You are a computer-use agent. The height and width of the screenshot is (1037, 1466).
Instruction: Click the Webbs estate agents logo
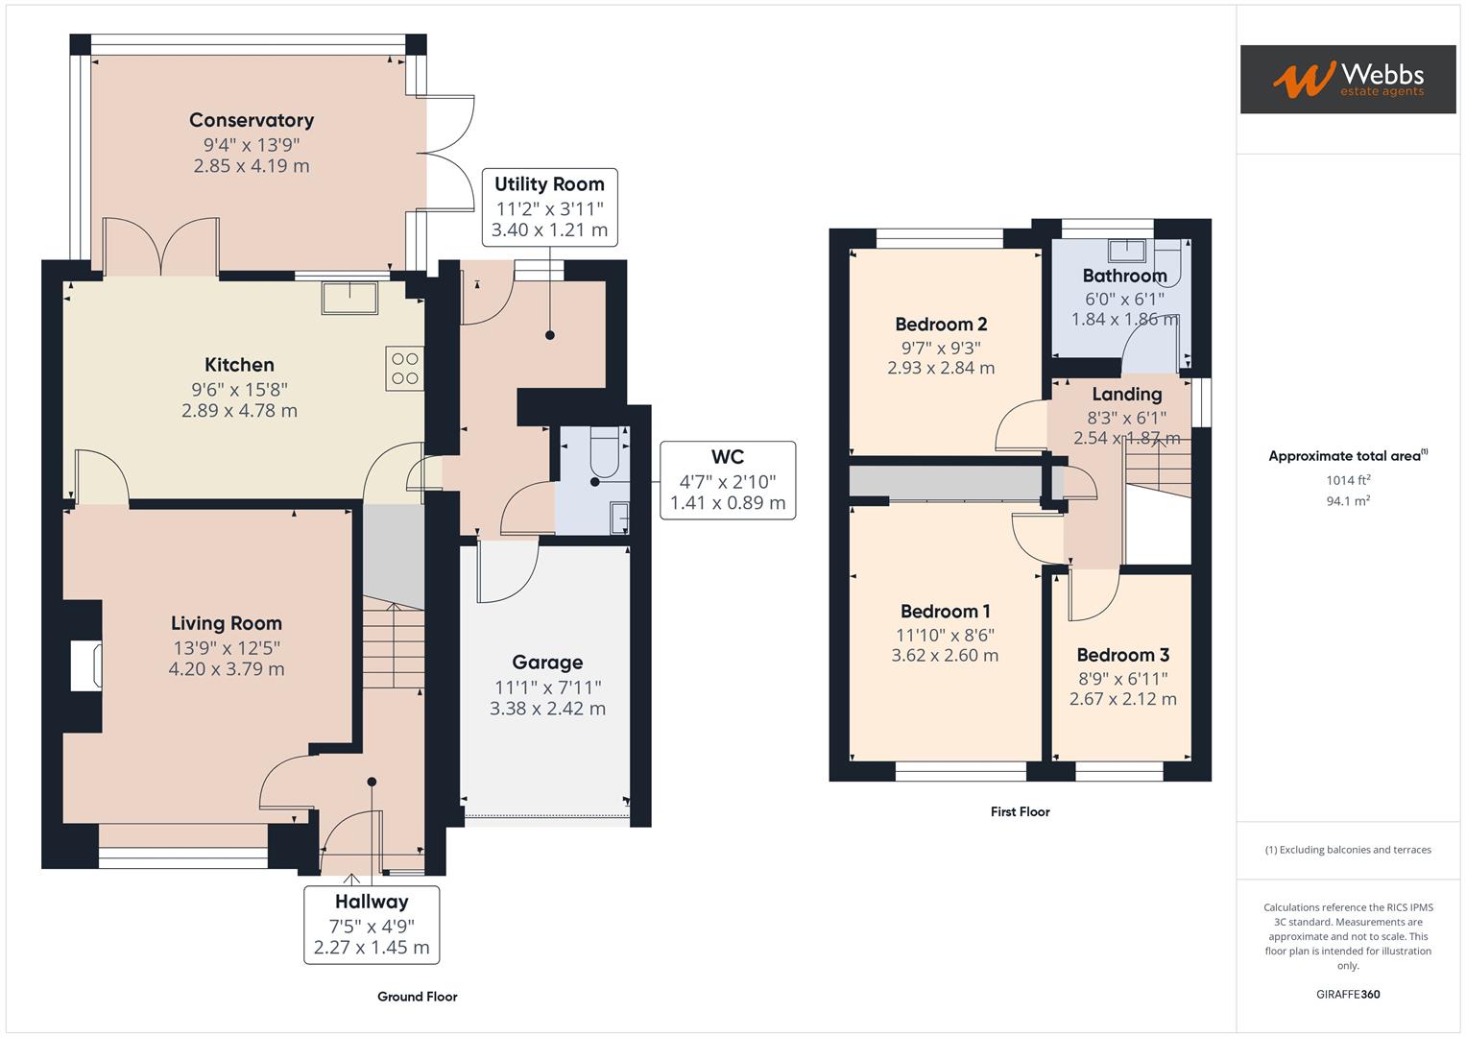[x=1347, y=79]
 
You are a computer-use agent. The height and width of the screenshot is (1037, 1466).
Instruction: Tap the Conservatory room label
[x=252, y=120]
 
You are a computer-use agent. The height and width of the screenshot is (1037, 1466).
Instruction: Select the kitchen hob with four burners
[x=405, y=368]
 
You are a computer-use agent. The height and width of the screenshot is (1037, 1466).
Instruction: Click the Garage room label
[x=547, y=663]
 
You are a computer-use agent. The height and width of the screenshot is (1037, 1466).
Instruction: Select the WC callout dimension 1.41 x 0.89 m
[x=728, y=502]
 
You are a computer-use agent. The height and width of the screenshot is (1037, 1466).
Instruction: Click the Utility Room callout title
[x=549, y=184]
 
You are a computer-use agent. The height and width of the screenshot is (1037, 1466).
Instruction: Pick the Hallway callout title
[x=372, y=902]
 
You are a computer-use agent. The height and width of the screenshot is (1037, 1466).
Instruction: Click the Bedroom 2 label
[x=941, y=325]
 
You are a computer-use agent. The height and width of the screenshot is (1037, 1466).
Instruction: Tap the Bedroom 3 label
[x=1122, y=656]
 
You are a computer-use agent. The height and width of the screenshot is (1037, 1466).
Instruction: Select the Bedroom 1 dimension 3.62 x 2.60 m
[x=945, y=656]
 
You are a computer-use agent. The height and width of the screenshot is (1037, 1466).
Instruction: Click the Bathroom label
[x=1124, y=276]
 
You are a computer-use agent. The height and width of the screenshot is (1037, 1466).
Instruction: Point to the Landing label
[x=1126, y=394]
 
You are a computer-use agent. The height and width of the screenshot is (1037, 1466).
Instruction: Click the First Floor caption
[x=1020, y=811]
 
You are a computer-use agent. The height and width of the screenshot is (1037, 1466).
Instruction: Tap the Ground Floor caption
[x=417, y=997]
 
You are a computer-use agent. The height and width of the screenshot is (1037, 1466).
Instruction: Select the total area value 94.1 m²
[x=1347, y=500]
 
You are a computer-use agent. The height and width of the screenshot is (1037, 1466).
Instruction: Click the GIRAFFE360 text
[x=1347, y=994]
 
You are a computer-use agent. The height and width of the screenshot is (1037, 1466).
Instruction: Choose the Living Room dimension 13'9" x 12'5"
[x=227, y=648]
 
